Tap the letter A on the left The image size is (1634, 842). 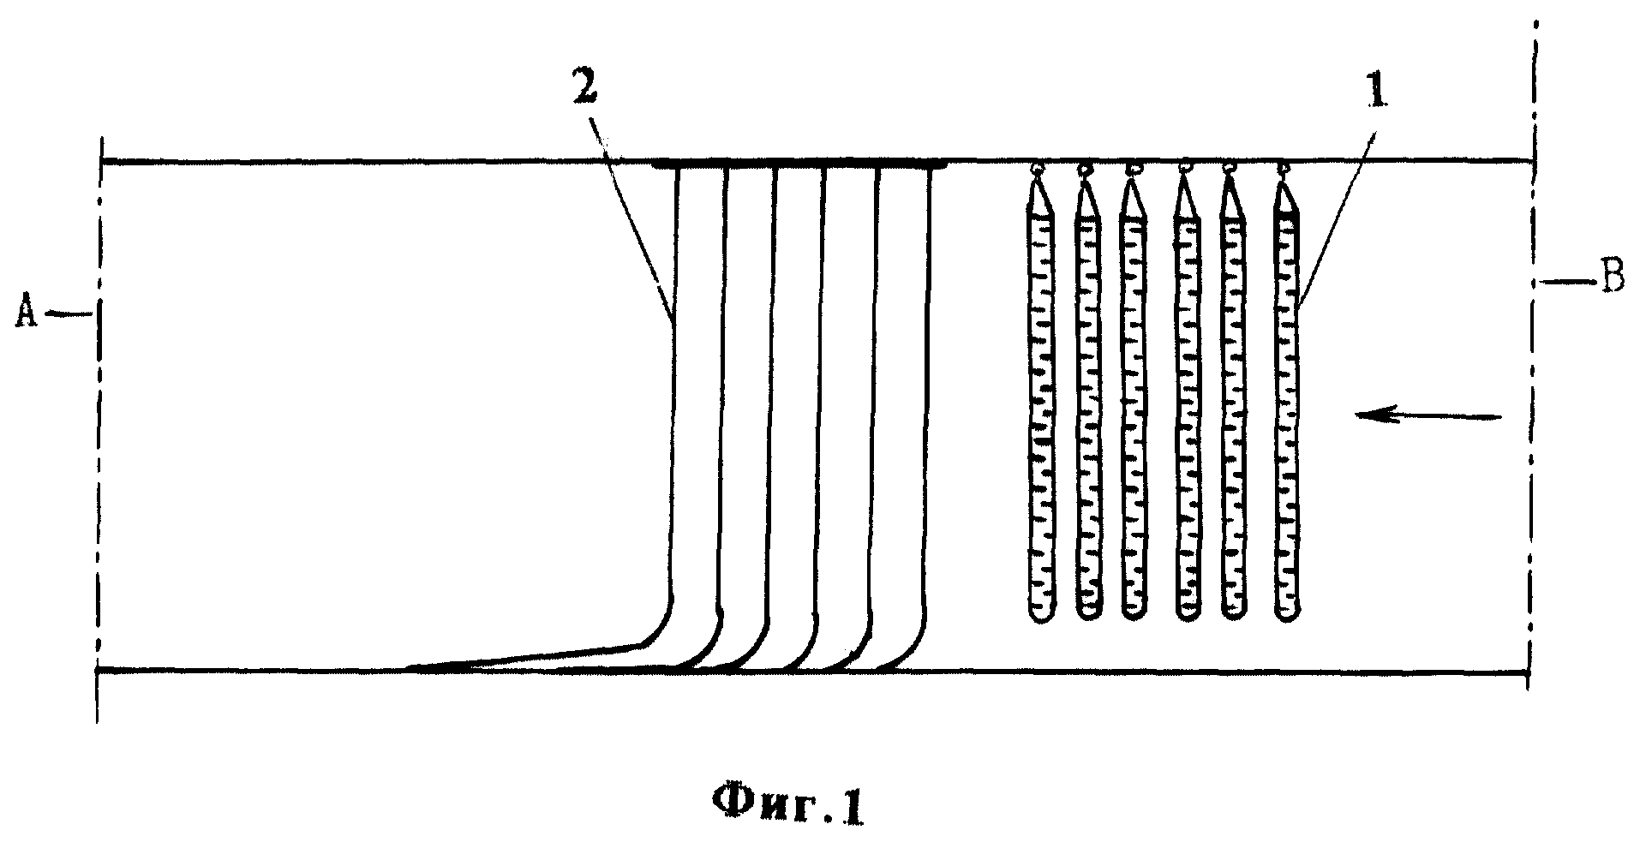(27, 314)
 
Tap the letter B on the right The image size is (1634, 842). (1613, 279)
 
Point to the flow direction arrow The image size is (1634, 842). (1428, 417)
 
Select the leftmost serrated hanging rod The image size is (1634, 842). (1039, 403)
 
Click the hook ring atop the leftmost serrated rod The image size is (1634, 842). (1038, 170)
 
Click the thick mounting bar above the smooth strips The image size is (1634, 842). (799, 162)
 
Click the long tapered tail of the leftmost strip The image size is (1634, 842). (523, 656)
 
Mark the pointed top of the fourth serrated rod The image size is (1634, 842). (1186, 188)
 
